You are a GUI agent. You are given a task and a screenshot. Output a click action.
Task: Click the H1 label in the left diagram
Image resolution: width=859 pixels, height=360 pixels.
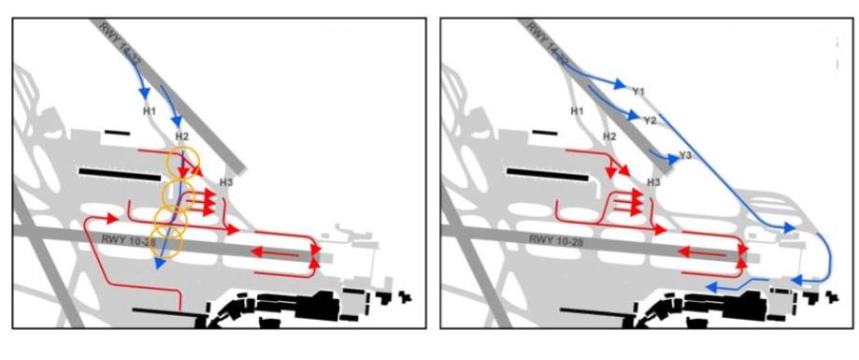click(150, 111)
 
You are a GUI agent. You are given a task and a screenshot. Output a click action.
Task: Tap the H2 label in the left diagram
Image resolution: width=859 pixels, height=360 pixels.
click(182, 136)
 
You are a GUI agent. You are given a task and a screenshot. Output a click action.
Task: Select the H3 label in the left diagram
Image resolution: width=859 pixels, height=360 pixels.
click(226, 182)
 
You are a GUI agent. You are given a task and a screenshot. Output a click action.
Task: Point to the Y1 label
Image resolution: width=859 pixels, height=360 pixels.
click(638, 92)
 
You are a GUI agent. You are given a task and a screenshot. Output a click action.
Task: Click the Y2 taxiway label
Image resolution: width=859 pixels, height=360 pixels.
click(650, 121)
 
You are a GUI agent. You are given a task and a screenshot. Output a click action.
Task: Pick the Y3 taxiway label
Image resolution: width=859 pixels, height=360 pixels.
click(685, 155)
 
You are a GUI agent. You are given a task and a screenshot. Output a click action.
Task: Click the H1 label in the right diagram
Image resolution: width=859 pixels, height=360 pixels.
click(577, 111)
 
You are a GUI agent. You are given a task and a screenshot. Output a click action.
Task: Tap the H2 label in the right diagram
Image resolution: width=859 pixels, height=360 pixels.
click(608, 136)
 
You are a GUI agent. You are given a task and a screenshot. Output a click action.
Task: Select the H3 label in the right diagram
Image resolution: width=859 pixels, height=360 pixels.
click(653, 182)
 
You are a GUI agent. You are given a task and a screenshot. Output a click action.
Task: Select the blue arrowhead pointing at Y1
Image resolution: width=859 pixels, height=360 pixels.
click(620, 84)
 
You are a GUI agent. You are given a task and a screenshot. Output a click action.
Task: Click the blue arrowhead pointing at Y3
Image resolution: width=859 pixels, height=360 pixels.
click(672, 159)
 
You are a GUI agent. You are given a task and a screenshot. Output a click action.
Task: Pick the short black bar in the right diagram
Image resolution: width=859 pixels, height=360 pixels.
click(544, 132)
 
